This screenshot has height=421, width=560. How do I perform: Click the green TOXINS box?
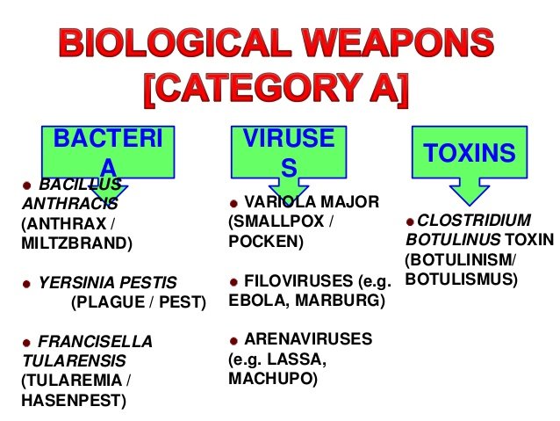[x=470, y=152]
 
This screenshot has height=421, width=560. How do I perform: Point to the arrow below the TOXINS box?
[x=470, y=192]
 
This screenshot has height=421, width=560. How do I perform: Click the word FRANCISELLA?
[x=95, y=342]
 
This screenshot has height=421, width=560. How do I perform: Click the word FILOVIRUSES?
[x=298, y=280]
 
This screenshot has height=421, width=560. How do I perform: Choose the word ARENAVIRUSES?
[x=308, y=338]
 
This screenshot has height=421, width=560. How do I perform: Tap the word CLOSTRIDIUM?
[x=474, y=220]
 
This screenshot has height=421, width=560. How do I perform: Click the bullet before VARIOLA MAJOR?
[x=233, y=204]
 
